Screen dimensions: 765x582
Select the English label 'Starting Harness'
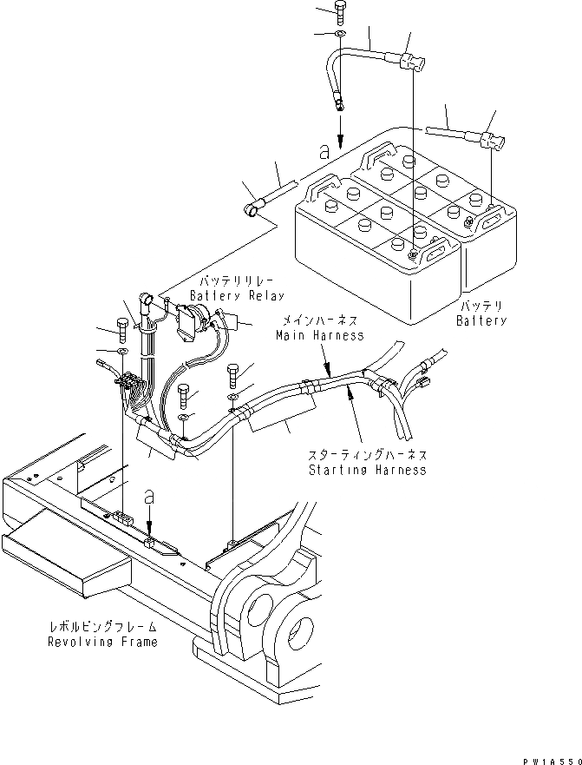368,470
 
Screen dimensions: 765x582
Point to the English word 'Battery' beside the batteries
481,320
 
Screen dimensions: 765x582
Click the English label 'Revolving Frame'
103,642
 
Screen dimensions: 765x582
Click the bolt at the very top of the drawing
338,13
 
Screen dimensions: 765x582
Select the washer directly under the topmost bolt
339,35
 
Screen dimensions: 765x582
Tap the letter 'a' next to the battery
324,152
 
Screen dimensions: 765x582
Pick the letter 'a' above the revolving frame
150,498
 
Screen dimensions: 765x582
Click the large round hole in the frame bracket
295,628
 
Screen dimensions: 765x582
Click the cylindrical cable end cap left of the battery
252,209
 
